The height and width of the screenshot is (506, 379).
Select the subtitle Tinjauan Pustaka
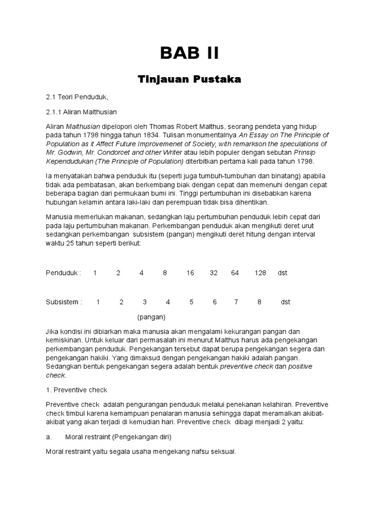[x=189, y=80]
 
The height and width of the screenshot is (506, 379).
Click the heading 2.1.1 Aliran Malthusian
[x=81, y=112]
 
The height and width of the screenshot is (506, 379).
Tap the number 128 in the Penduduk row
[x=261, y=273]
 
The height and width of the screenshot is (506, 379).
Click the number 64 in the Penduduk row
[x=235, y=273]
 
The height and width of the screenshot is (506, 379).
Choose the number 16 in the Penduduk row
[x=190, y=273]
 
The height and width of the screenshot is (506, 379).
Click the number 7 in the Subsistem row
[x=236, y=302]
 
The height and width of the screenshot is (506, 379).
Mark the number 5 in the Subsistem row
[x=191, y=302]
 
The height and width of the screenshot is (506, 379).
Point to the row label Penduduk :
[x=64, y=273]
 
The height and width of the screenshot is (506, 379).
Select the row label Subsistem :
[x=64, y=302]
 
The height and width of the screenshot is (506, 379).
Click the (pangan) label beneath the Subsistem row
[x=152, y=317]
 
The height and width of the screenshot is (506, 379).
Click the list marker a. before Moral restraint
[x=49, y=437]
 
